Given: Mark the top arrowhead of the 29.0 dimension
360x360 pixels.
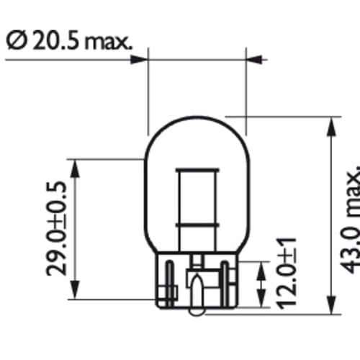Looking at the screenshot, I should [x=76, y=164].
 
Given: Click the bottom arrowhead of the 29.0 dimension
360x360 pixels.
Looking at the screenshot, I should [x=76, y=294].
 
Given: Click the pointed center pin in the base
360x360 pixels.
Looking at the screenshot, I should [x=197, y=295].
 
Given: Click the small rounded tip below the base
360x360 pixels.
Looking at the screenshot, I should [x=197, y=312].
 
